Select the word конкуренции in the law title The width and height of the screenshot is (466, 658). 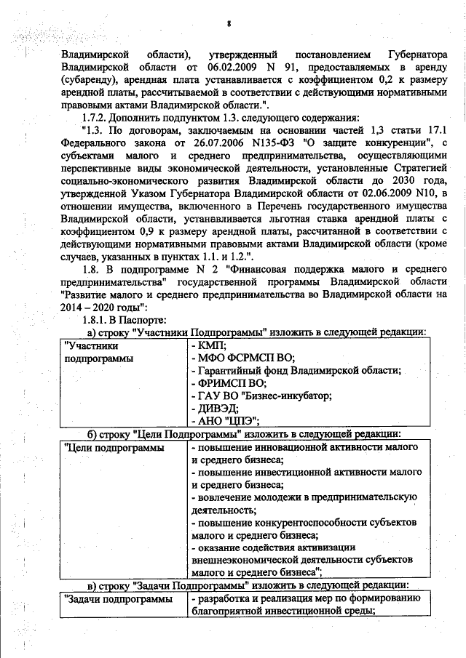(x=403, y=145)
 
